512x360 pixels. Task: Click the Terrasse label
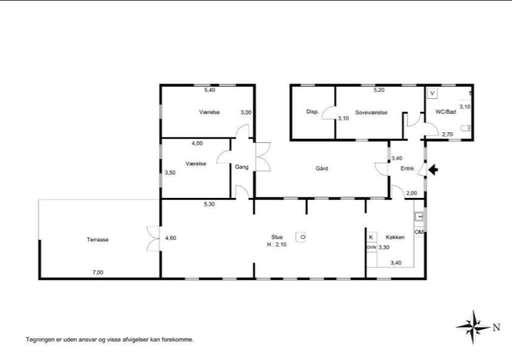(x=98, y=239)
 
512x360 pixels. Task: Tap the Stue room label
(x=276, y=237)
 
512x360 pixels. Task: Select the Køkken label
(x=395, y=237)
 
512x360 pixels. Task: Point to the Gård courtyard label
(x=322, y=169)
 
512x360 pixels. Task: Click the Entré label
(x=407, y=169)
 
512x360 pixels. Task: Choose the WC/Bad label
(x=445, y=112)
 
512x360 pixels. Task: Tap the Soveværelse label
(x=371, y=113)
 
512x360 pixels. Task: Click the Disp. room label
(x=312, y=112)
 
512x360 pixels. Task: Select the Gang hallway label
(x=242, y=167)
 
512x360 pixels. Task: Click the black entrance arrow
(x=433, y=170)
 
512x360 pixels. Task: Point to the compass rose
(x=473, y=327)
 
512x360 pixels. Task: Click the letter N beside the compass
(x=497, y=327)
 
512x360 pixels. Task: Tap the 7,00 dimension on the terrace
(x=98, y=272)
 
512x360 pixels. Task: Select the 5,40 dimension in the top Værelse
(x=210, y=90)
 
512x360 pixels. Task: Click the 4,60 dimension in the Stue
(x=171, y=238)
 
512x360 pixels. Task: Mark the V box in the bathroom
(x=432, y=93)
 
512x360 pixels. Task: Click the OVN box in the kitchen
(x=371, y=247)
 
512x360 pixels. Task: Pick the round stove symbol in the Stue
(x=301, y=237)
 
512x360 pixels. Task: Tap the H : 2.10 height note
(x=276, y=244)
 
